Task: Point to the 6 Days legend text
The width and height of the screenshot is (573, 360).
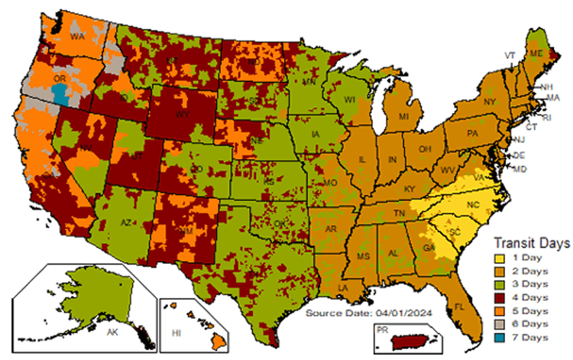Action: (x=526, y=324)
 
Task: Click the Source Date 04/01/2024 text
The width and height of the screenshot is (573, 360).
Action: (x=361, y=313)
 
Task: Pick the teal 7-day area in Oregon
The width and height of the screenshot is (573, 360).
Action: (x=60, y=95)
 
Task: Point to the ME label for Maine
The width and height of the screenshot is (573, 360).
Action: (x=536, y=54)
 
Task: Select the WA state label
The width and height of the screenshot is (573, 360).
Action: (x=77, y=35)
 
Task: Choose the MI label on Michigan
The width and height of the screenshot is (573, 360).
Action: (x=403, y=116)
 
